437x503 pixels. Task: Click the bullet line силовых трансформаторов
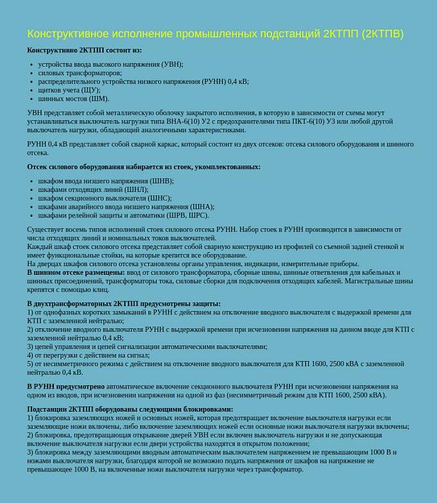(x=80, y=73)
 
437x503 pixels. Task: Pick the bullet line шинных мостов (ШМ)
(x=73, y=98)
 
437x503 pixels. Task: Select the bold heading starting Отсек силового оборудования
(x=143, y=167)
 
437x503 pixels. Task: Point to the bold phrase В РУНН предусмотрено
(x=68, y=387)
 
